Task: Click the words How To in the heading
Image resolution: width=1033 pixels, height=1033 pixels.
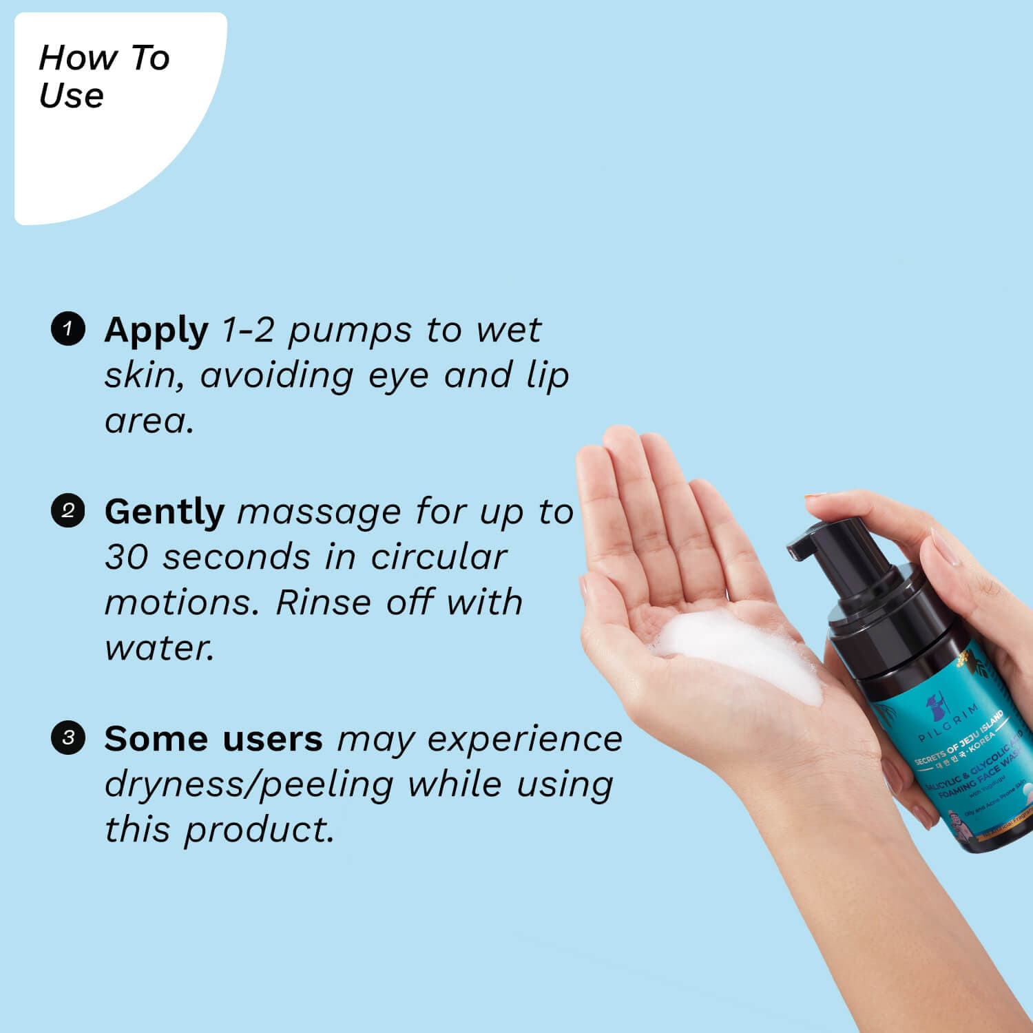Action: (104, 58)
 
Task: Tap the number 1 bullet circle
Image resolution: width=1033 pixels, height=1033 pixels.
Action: (68, 328)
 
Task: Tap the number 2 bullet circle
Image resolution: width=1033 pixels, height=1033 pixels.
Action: (68, 511)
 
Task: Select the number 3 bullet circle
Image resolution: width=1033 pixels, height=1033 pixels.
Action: (68, 738)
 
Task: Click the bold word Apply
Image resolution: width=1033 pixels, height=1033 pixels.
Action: (156, 331)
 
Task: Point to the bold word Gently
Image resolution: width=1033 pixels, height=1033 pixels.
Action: (164, 512)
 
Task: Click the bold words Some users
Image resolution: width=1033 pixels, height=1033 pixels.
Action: (213, 739)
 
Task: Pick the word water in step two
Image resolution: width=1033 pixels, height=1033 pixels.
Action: (158, 648)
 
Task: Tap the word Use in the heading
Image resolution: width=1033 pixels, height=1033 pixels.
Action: (71, 95)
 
